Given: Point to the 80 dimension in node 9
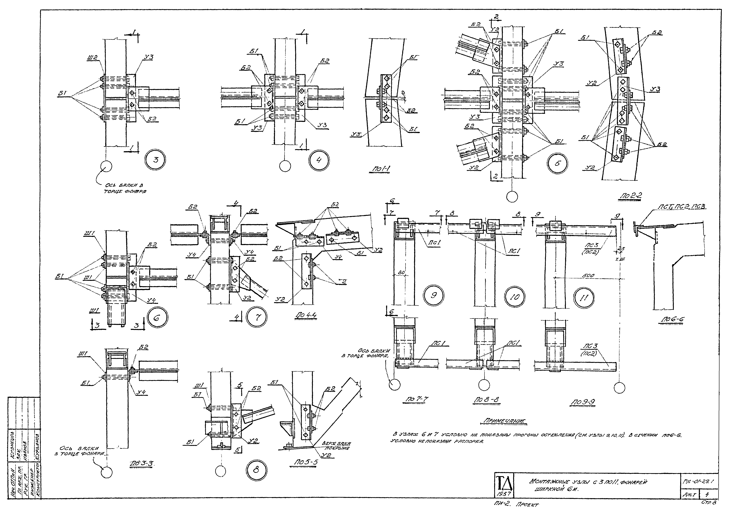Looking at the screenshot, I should coord(401,273).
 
